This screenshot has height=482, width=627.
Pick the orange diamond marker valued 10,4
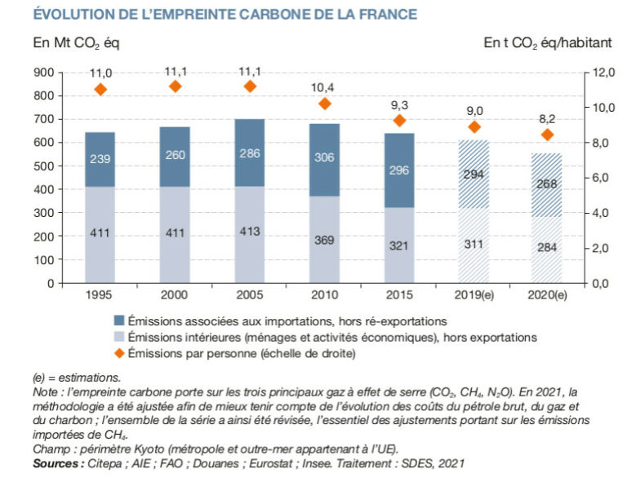(x=324, y=104)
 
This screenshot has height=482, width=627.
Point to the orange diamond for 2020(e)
(x=548, y=135)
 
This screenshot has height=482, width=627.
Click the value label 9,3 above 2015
(x=399, y=104)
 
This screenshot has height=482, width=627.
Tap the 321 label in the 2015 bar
(x=399, y=245)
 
